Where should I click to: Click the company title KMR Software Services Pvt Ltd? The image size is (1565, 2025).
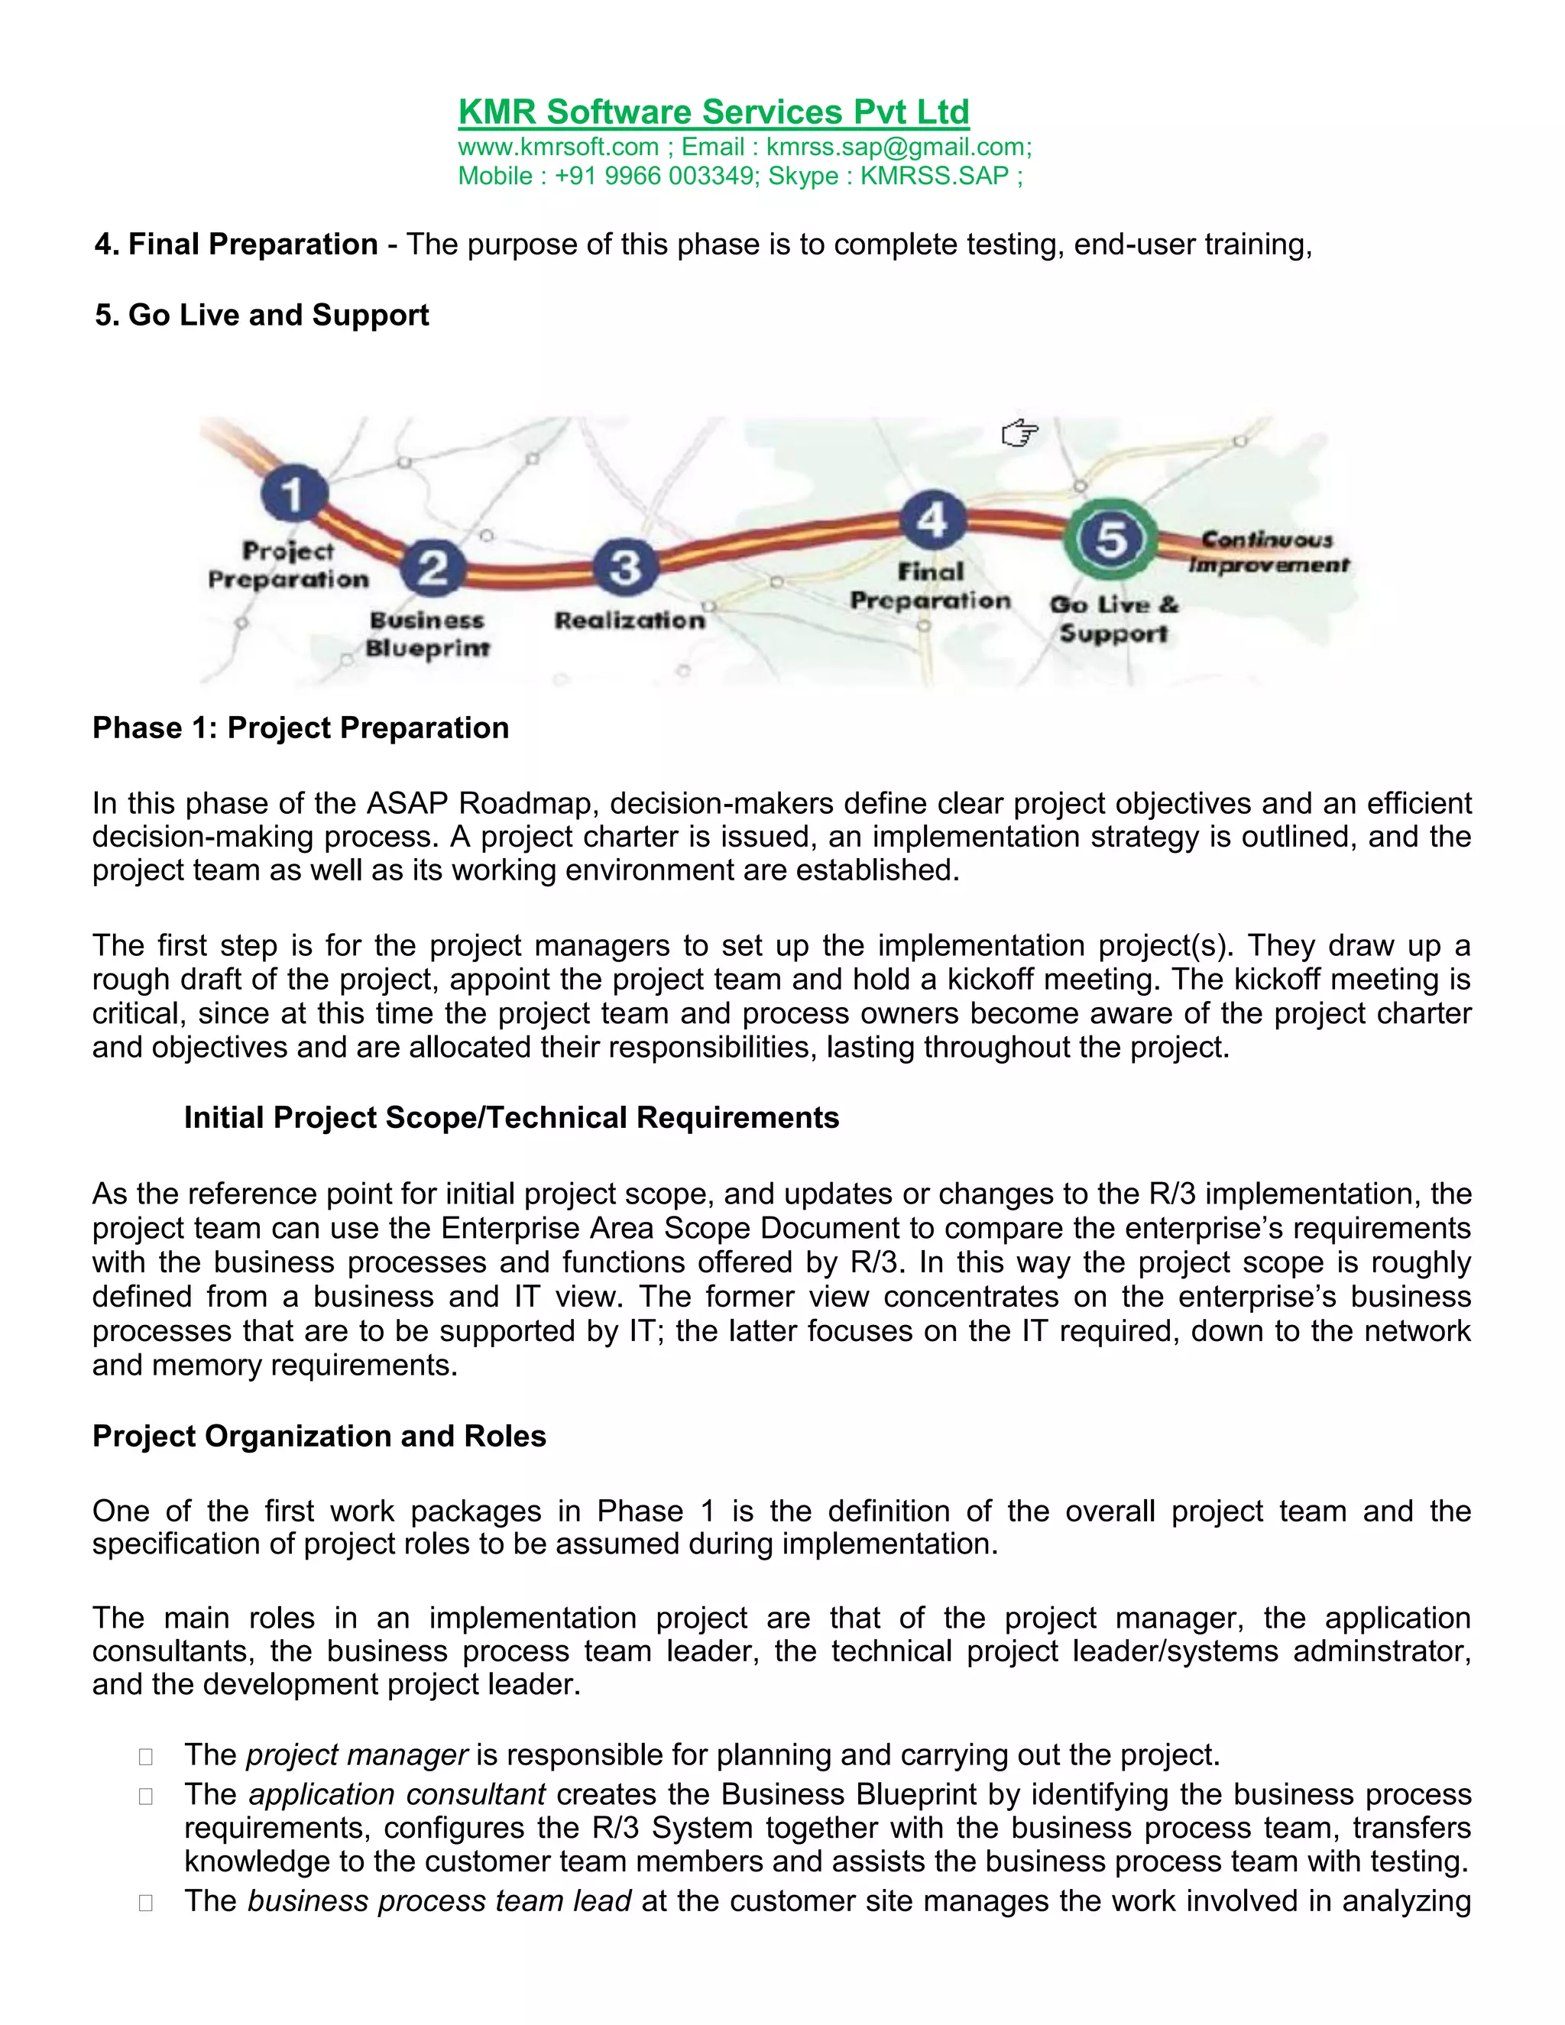click(x=713, y=112)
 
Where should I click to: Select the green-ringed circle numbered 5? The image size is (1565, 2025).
click(x=1110, y=539)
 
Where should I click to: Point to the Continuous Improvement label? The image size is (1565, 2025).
click(x=1268, y=552)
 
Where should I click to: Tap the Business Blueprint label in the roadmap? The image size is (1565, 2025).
click(x=426, y=634)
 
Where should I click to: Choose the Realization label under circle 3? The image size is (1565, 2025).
click(x=630, y=620)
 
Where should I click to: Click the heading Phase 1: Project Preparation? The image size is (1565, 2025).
click(x=300, y=727)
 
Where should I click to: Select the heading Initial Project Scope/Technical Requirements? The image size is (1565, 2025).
click(x=511, y=1117)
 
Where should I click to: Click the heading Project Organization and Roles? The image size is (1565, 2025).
click(x=319, y=1437)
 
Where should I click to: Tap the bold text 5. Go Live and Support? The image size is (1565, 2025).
click(x=261, y=316)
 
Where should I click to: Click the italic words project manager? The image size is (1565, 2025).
click(x=357, y=1755)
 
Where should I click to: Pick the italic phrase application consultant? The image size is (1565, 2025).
click(x=397, y=1794)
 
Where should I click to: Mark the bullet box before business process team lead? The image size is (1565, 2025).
click(x=145, y=1903)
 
